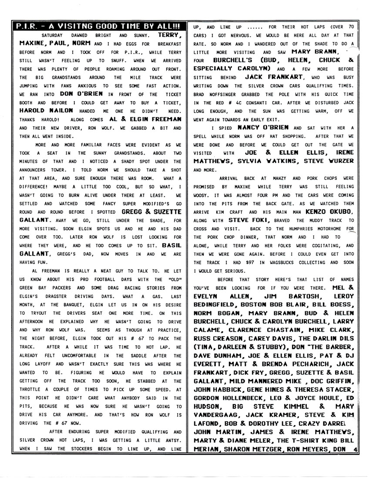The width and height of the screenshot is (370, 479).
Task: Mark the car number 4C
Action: (239, 103)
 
